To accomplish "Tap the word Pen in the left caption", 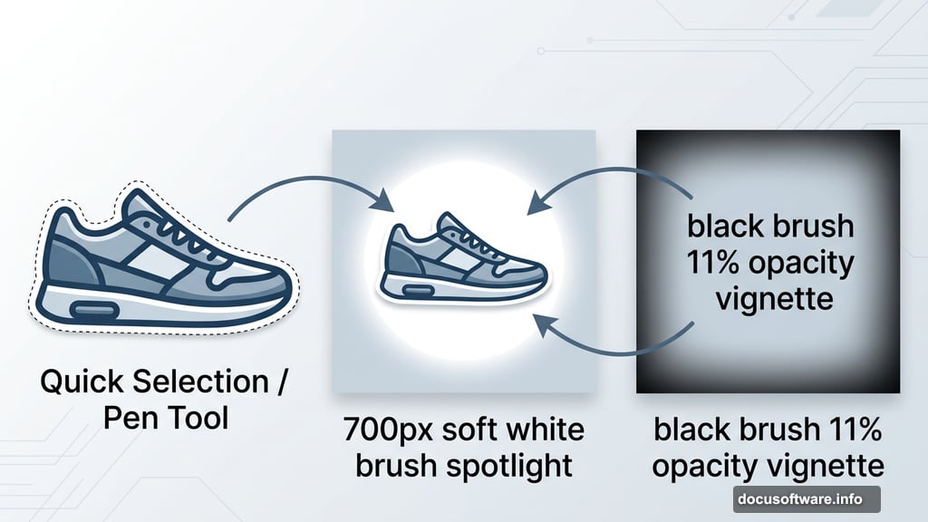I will pyautogui.click(x=129, y=419).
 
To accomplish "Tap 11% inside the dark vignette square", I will pyautogui.click(x=715, y=264).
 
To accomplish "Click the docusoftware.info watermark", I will pyautogui.click(x=806, y=498).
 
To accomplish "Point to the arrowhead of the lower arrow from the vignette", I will pyautogui.click(x=541, y=321).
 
